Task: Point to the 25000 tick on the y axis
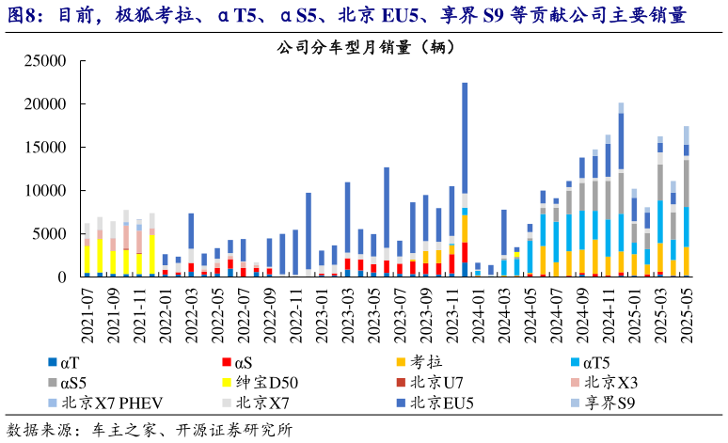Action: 44,62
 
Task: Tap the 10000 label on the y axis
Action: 44,191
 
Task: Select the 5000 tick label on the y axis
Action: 49,234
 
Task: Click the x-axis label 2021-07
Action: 87,306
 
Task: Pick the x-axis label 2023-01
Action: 322,306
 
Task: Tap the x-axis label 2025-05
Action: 686,306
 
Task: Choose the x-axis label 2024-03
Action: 504,306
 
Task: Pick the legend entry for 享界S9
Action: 611,403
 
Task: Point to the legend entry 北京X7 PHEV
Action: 112,403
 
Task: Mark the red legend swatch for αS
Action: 226,362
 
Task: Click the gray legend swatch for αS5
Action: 52,383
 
